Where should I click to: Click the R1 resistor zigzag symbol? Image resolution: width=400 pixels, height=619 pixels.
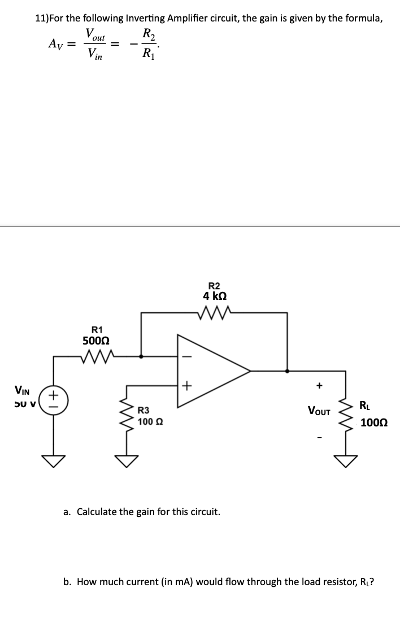click(x=99, y=356)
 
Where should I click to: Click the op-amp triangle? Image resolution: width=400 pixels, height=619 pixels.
click(x=209, y=370)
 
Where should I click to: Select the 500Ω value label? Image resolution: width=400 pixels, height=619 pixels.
click(x=96, y=341)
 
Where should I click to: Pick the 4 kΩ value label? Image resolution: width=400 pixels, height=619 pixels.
click(x=215, y=297)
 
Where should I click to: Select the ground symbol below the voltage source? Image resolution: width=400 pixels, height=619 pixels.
click(x=54, y=462)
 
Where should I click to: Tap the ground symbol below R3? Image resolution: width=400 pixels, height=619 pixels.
click(x=126, y=462)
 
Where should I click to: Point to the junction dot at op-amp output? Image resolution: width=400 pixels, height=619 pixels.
click(x=288, y=371)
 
